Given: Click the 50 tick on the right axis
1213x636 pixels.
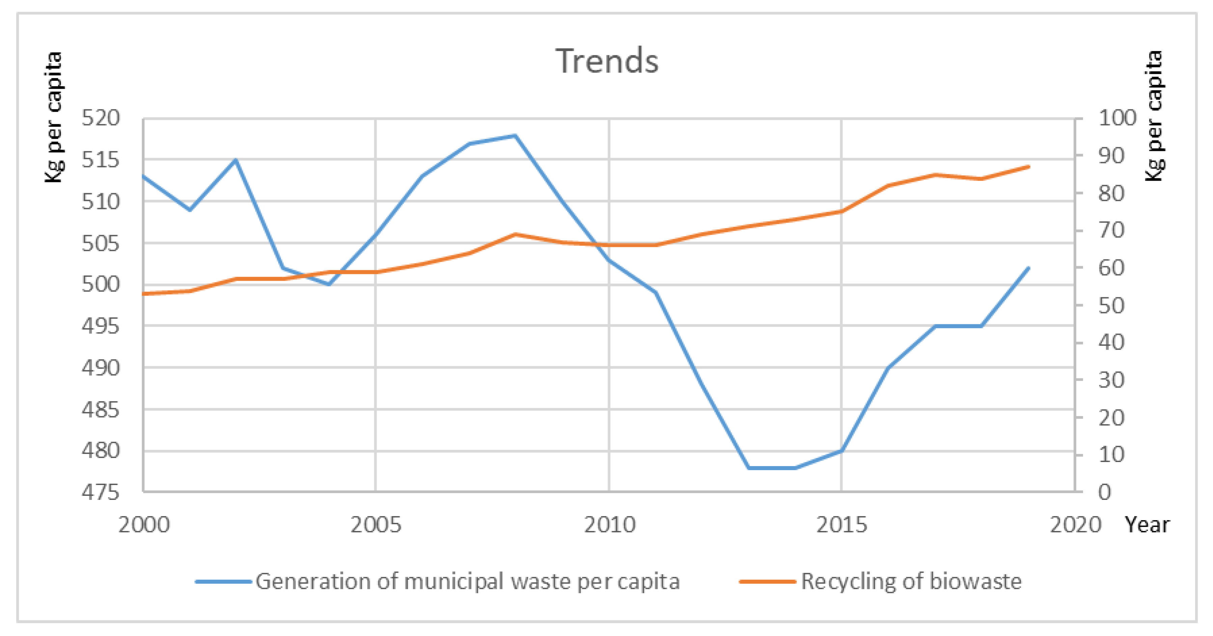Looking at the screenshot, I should (x=1111, y=306).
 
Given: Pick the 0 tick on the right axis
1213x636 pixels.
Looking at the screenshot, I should (x=1105, y=492).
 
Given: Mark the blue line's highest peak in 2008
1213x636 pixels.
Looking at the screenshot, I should (x=515, y=136).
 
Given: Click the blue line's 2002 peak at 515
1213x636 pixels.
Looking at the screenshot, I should (x=236, y=160).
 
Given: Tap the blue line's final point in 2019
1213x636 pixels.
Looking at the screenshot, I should (x=1029, y=268).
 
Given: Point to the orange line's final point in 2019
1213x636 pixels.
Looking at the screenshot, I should (x=1029, y=166).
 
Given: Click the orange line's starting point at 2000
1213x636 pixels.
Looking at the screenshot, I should (x=144, y=294).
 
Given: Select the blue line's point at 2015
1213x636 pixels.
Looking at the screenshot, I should (x=841, y=451).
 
